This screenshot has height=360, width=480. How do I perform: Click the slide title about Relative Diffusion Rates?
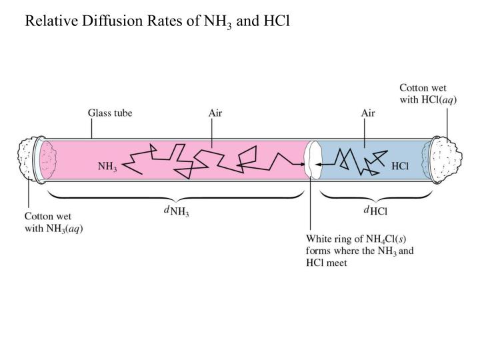[x=157, y=21]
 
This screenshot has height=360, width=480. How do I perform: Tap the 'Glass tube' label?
[x=110, y=113]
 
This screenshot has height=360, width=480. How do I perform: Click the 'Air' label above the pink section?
[x=215, y=113]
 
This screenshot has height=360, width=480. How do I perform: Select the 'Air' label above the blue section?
[x=368, y=113]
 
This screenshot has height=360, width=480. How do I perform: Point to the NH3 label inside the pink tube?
[x=107, y=167]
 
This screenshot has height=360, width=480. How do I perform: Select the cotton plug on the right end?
[x=448, y=159]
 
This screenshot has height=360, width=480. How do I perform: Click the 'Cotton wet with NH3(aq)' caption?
[x=54, y=222]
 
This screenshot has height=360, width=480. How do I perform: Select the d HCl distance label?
[x=375, y=211]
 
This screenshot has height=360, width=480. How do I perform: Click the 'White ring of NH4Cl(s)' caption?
[x=359, y=250]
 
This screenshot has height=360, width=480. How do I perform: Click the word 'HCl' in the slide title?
[x=276, y=21]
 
